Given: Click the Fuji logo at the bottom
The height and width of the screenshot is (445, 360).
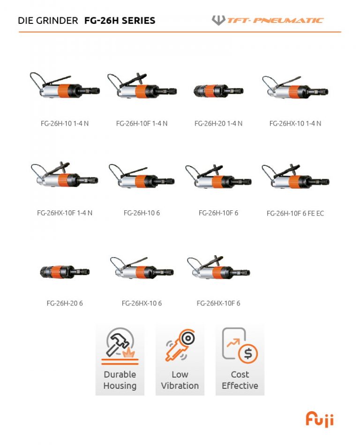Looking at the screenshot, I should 320,419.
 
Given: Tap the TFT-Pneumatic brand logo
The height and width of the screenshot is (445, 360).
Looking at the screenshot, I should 268,20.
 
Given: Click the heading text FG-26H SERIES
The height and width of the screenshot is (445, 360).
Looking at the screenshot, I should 120,21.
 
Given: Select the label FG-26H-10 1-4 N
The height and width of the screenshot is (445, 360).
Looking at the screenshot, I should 65,124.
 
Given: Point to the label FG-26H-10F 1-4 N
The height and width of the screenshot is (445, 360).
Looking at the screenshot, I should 142,124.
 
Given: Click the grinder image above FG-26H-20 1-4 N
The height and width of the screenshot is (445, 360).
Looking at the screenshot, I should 218,90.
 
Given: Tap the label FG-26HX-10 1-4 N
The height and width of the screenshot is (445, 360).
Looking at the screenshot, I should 295,124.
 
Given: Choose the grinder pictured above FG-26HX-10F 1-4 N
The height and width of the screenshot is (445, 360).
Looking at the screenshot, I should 64,176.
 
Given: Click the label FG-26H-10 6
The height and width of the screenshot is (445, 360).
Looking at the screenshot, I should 142,213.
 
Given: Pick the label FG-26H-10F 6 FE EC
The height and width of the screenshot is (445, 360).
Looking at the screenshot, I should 295,214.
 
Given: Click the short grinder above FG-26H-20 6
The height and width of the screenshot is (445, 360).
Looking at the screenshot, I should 65,271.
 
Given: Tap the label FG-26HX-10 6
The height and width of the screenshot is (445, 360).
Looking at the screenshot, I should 142,304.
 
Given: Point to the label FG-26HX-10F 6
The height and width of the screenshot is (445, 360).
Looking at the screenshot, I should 218,304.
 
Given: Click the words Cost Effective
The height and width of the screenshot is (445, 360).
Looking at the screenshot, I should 240,380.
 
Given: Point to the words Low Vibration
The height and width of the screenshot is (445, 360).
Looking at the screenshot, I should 180,380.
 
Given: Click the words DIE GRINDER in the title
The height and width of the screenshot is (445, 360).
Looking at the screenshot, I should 48,21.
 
